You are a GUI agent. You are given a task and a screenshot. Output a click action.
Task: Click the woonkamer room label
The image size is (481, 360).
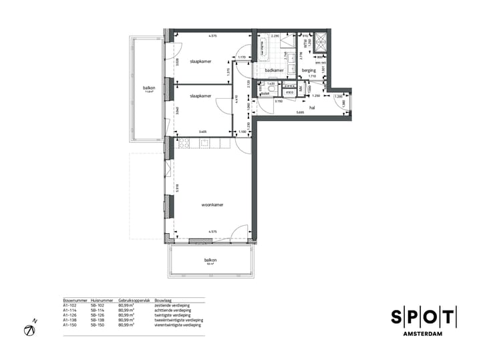click(x=212, y=205)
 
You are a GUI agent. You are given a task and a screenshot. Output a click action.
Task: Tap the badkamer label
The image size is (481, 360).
click(x=275, y=70)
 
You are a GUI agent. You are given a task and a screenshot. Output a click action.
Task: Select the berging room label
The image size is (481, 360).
click(x=308, y=70)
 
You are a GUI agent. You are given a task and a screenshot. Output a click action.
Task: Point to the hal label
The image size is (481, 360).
click(x=311, y=106)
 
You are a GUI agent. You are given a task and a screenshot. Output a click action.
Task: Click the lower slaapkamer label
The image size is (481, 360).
click(x=200, y=96)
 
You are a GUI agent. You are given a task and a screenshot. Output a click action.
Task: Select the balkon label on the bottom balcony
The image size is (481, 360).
click(x=211, y=260)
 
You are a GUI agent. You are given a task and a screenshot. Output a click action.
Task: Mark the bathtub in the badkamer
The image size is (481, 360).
click(x=263, y=46)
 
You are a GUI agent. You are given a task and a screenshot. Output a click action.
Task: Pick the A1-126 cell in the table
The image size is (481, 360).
click(x=69, y=315)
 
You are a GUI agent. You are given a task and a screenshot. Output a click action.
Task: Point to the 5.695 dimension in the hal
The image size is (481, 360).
click(x=301, y=112)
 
